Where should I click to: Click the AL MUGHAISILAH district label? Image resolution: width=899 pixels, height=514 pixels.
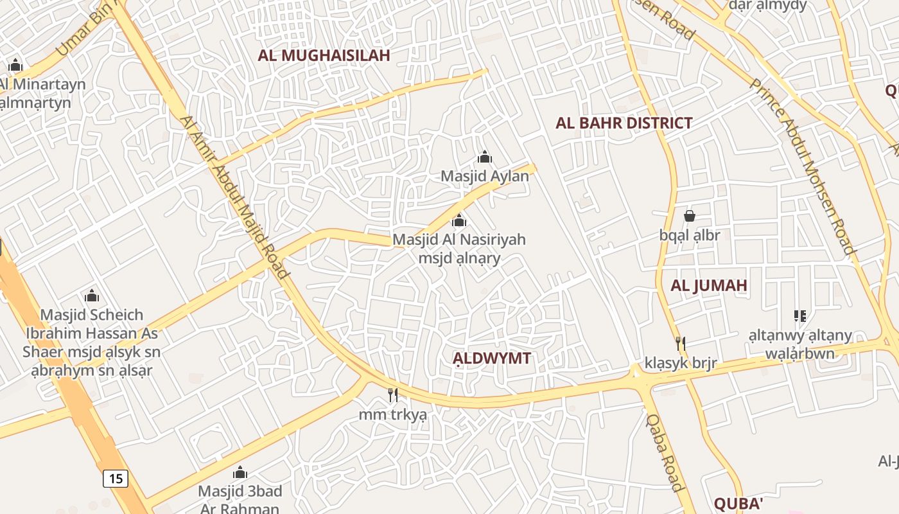point(324,55)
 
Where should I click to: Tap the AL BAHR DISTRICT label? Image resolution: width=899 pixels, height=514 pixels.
point(624,123)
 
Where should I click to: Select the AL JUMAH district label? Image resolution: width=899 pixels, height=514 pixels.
point(709,286)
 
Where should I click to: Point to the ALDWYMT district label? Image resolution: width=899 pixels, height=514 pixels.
point(492,359)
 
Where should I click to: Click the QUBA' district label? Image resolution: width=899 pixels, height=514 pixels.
point(738,502)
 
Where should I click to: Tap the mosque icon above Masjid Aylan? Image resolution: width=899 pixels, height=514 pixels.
point(485,157)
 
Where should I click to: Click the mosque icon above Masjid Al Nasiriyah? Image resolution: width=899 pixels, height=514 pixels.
point(459,222)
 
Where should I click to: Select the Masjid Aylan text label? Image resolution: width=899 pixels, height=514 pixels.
point(485,175)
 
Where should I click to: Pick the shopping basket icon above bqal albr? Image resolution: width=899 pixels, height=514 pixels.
point(690,216)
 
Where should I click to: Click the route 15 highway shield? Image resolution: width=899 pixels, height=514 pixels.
point(116,478)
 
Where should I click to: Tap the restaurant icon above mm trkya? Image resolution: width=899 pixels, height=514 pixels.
point(393,394)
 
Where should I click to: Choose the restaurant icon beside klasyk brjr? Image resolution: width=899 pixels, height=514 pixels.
point(681,344)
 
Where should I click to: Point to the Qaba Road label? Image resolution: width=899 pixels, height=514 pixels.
point(665,452)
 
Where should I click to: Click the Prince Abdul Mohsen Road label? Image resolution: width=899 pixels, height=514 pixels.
point(803,167)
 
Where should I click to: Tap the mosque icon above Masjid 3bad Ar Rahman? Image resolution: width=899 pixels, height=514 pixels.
point(240,474)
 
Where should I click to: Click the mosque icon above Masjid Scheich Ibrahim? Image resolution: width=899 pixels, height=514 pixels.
point(92,296)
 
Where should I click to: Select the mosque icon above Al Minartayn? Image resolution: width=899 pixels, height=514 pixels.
point(15,66)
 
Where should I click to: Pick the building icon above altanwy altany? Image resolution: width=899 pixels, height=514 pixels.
point(800,316)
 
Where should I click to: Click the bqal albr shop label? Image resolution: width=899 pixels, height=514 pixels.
point(690,235)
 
